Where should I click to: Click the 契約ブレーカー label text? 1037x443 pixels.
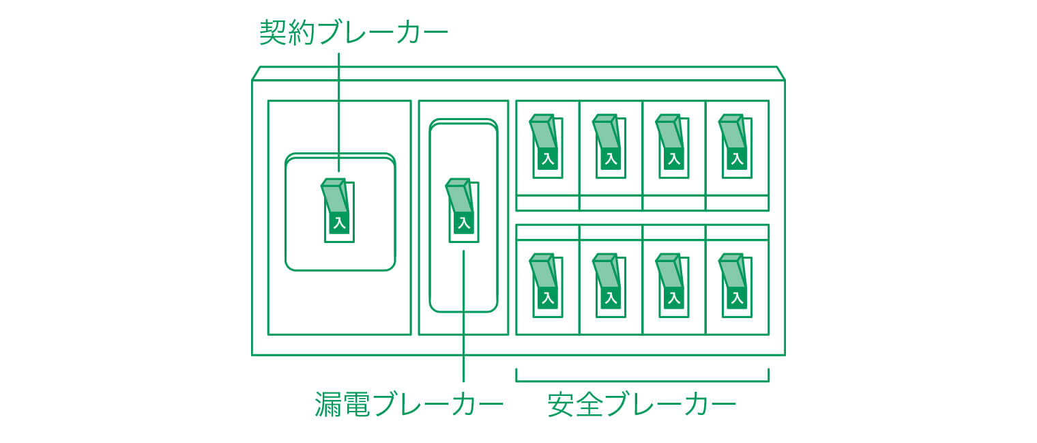[x=353, y=32]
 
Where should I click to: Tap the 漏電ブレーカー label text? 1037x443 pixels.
[x=409, y=404]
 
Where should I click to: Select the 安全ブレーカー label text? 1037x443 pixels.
[x=642, y=404]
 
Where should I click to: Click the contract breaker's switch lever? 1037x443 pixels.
[x=334, y=197]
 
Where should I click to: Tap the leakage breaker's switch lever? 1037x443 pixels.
[x=458, y=197]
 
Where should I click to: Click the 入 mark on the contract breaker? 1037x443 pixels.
[x=339, y=223]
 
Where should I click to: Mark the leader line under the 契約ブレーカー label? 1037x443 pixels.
[x=339, y=102]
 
